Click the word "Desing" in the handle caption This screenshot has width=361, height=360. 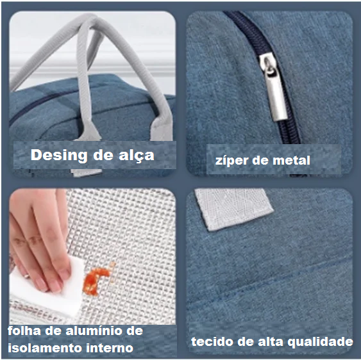pos(59,156)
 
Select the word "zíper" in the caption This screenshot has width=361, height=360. pos(231,161)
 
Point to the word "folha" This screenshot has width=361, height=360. pos(24,331)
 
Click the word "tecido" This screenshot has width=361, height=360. pos(212,341)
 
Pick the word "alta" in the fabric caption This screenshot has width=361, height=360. pos(271,341)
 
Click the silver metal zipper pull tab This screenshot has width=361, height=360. pos(273,86)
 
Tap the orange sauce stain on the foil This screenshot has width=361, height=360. pos(96,280)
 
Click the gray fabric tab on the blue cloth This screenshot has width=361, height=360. pos(233,209)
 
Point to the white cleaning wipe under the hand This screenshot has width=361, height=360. pos(46,295)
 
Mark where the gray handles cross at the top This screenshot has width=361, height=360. pos(89,22)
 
